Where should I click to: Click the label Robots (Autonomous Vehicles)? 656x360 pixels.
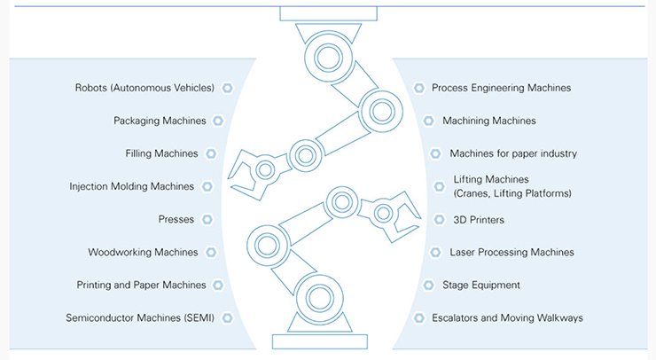click(144, 88)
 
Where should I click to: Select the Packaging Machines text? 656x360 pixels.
click(160, 121)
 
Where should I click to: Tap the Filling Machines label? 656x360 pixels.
click(161, 153)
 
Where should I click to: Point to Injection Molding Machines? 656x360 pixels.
click(131, 186)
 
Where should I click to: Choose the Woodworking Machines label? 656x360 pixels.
click(143, 252)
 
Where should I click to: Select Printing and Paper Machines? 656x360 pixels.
click(141, 285)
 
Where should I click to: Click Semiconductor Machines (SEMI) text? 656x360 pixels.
click(140, 317)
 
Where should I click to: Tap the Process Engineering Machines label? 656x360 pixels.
click(501, 88)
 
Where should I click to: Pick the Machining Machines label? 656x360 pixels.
click(489, 121)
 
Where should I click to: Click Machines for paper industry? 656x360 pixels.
click(513, 153)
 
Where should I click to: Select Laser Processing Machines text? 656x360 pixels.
click(512, 252)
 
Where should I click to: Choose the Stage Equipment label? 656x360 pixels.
click(481, 285)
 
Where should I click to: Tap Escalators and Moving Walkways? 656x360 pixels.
click(507, 317)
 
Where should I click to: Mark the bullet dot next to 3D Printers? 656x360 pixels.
click(437, 219)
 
